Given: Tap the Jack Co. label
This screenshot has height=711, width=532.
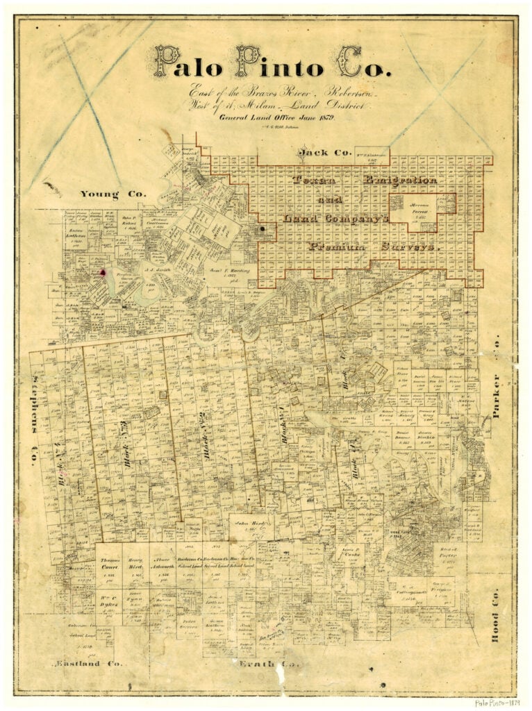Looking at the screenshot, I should [322, 152].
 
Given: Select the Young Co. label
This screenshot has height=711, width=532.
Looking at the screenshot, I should [113, 194].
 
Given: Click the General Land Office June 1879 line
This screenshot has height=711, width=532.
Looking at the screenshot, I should [276, 118].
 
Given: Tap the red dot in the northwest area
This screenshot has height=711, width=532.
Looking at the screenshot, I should [104, 273].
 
